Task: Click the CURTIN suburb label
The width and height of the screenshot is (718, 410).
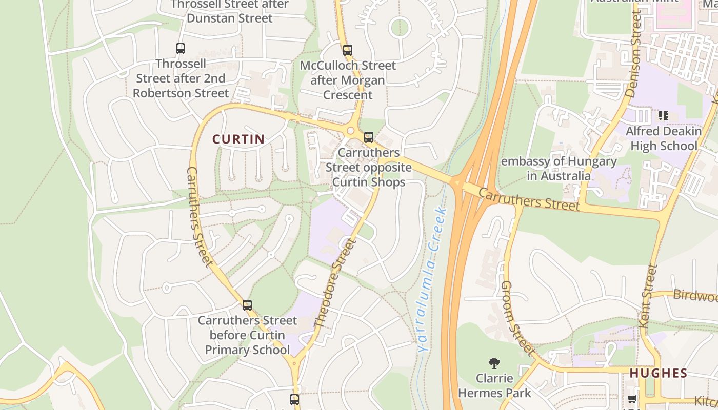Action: click(238, 139)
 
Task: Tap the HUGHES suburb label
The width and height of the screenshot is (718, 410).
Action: click(658, 373)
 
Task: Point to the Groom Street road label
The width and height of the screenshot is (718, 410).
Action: click(516, 318)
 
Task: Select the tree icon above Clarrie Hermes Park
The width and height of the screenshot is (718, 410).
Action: click(494, 363)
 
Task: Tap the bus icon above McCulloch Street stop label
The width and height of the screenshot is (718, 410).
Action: click(348, 50)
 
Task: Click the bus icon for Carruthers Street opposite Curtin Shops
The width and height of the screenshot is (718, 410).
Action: click(369, 137)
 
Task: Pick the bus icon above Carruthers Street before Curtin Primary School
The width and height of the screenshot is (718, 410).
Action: click(247, 305)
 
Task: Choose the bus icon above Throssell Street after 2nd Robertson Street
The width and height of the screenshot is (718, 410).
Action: click(181, 49)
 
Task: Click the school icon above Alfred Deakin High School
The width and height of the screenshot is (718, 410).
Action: click(664, 116)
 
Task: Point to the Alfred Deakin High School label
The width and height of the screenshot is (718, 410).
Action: click(664, 138)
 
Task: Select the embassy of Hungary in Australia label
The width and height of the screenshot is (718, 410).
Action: click(559, 169)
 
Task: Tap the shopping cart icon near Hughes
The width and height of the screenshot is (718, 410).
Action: click(632, 399)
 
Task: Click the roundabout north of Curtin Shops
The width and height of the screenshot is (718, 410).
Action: click(351, 131)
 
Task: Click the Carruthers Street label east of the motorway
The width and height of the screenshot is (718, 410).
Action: click(529, 199)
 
